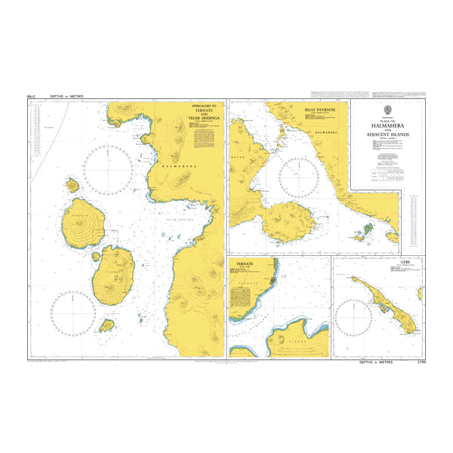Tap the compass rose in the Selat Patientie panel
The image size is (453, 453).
(x=300, y=177)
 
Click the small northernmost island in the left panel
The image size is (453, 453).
(x=73, y=185)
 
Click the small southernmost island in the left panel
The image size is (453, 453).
(x=107, y=325)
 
